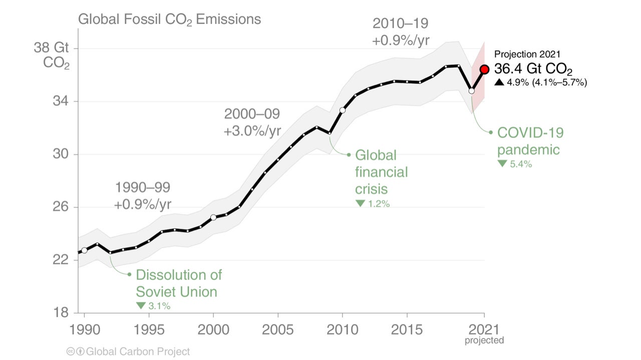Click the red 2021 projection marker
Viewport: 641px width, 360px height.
click(x=484, y=69)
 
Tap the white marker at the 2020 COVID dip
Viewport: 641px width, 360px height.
click(x=471, y=90)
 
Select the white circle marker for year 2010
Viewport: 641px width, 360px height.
click(x=343, y=110)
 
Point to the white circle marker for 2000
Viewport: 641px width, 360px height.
click(x=213, y=217)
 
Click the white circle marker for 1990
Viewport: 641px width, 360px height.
click(x=84, y=250)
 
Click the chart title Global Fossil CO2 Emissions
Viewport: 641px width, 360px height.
click(x=169, y=19)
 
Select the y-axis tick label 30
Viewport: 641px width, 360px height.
click(x=60, y=154)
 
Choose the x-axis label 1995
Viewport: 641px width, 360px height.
click(x=149, y=329)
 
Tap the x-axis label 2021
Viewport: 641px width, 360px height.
click(x=484, y=329)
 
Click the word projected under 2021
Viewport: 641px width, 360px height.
click(x=484, y=340)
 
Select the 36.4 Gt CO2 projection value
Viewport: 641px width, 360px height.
click(x=533, y=69)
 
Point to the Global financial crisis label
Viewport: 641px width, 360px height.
click(x=381, y=172)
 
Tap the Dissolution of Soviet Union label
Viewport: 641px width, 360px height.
click(x=178, y=283)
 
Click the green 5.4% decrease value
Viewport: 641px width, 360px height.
click(x=520, y=163)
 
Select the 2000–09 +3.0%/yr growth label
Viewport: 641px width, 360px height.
click(x=252, y=122)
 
